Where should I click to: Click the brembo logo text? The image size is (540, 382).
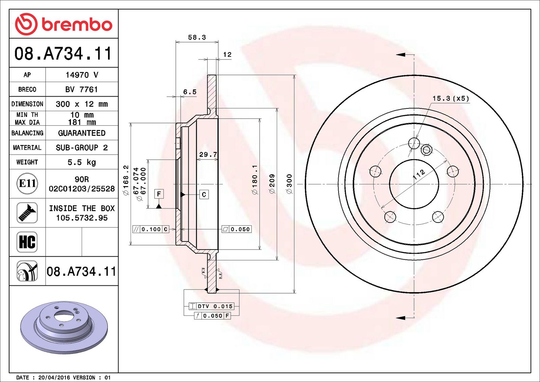(x=77, y=25)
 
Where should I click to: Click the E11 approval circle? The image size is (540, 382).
(x=27, y=183)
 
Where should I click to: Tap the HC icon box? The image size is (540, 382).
(x=27, y=242)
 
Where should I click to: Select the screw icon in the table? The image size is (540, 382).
(x=27, y=213)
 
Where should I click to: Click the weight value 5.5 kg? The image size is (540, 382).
(x=82, y=162)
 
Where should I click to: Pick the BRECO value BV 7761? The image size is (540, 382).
(x=82, y=90)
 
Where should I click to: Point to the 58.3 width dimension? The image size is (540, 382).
(x=197, y=37)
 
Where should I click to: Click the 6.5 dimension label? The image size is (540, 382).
(x=190, y=92)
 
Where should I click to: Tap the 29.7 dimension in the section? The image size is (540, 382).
(x=208, y=154)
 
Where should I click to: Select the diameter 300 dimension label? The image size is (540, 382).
(x=289, y=184)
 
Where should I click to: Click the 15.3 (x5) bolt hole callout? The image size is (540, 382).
(x=451, y=98)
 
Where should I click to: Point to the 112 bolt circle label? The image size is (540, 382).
(x=419, y=174)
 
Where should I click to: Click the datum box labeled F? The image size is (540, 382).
(x=159, y=194)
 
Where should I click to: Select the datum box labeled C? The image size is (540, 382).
(x=204, y=195)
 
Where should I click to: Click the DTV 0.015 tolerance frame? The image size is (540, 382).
(x=211, y=306)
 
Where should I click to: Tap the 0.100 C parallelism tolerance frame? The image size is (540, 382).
(x=151, y=229)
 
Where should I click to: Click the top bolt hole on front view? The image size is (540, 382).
(x=414, y=143)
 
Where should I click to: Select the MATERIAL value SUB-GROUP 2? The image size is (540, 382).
(x=82, y=148)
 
